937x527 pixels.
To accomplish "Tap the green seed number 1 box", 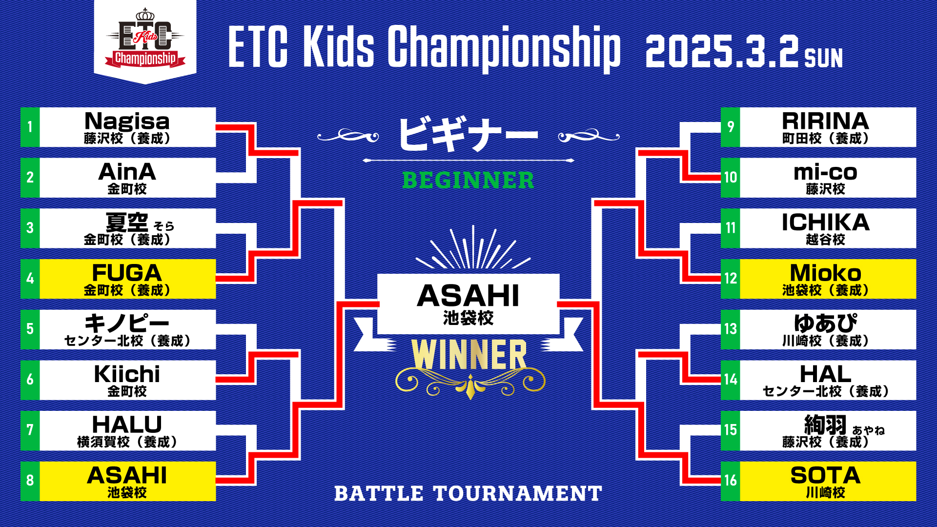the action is pos(30,127).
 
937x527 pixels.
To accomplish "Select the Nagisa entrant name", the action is pos(127,121).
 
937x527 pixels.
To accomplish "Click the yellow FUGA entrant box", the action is pos(127,279).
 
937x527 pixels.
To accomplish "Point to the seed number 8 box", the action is pos(30,481).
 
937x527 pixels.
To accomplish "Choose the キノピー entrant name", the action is pos(127,323).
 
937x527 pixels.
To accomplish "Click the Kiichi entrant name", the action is pos(127,374).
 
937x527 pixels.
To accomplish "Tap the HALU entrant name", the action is pos(127,425).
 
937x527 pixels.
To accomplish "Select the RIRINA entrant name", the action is pos(825,121).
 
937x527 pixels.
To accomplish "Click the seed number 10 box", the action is pos(731,178).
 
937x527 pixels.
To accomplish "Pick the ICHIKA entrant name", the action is pos(825,222).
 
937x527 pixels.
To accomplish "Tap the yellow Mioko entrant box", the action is pos(828,279).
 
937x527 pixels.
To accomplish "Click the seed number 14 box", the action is pos(731,380).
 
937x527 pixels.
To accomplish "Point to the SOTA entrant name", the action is pos(825,475).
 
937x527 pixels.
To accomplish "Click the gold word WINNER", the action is pos(469,355).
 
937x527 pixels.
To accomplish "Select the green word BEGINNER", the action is pos(468,180).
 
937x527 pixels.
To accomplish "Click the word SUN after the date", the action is pos(823,58).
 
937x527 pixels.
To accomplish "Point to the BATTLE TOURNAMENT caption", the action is pos(468,493).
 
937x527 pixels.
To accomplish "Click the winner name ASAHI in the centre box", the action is pos(468,296).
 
